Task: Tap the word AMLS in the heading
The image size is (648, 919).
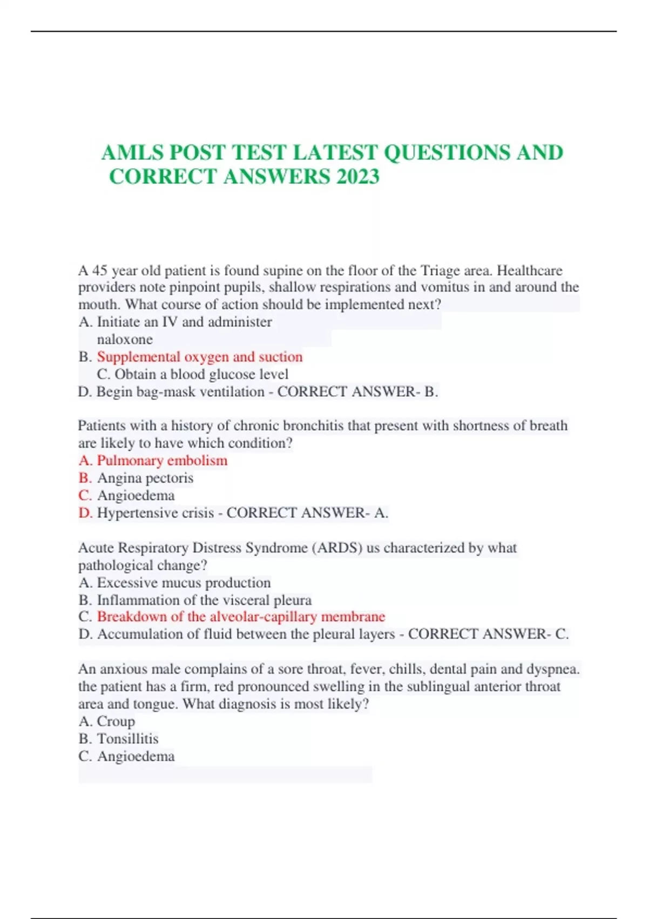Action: [132, 152]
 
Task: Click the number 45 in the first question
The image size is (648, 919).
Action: [100, 270]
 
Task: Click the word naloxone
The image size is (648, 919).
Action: [125, 339]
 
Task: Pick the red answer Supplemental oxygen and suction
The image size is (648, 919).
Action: [200, 357]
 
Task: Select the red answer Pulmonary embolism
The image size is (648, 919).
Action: [162, 461]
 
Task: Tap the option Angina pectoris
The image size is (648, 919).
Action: [145, 478]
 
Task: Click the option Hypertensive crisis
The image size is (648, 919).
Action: [156, 512]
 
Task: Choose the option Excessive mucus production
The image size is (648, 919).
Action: [184, 583]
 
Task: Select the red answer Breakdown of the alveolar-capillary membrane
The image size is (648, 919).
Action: [241, 617]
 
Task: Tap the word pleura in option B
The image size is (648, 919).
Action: [293, 600]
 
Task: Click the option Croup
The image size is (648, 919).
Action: [116, 721]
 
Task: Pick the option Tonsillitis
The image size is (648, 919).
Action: [127, 738]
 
